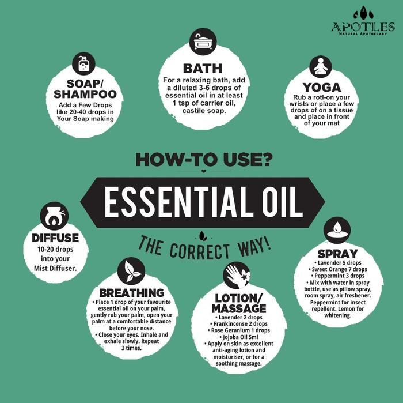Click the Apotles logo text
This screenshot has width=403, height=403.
pyautogui.click(x=363, y=27)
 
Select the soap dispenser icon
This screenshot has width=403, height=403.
pyautogui.click(x=83, y=64)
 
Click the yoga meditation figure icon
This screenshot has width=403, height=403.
pyautogui.click(x=321, y=67)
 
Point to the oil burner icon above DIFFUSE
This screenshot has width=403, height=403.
pyautogui.click(x=54, y=216)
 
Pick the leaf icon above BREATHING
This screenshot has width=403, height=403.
pyautogui.click(x=131, y=271)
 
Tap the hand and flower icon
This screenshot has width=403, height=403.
pyautogui.click(x=237, y=276)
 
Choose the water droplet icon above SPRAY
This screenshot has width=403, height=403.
pyautogui.click(x=337, y=230)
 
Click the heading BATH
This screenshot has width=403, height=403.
pyautogui.click(x=203, y=69)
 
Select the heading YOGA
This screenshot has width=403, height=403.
pyautogui.click(x=322, y=88)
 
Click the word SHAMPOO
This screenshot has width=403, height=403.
pyautogui.click(x=85, y=94)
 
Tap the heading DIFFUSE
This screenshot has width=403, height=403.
pyautogui.click(x=55, y=238)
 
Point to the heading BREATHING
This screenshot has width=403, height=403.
pyautogui.click(x=132, y=293)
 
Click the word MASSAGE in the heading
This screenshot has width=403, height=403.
pyautogui.click(x=239, y=308)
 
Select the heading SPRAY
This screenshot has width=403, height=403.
pyautogui.click(x=338, y=254)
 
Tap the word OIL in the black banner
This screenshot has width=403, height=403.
pyautogui.click(x=283, y=202)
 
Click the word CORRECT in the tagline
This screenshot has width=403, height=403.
pyautogui.click(x=199, y=251)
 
